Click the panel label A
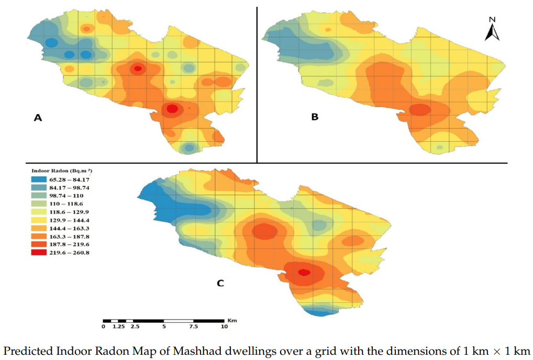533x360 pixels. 38,118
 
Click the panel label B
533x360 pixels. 315,117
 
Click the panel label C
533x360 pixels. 220,283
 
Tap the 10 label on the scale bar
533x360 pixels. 224,327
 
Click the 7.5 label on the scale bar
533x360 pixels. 194,327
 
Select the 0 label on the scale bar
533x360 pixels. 104,327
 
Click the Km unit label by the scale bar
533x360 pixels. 232,319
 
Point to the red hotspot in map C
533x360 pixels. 304,272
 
